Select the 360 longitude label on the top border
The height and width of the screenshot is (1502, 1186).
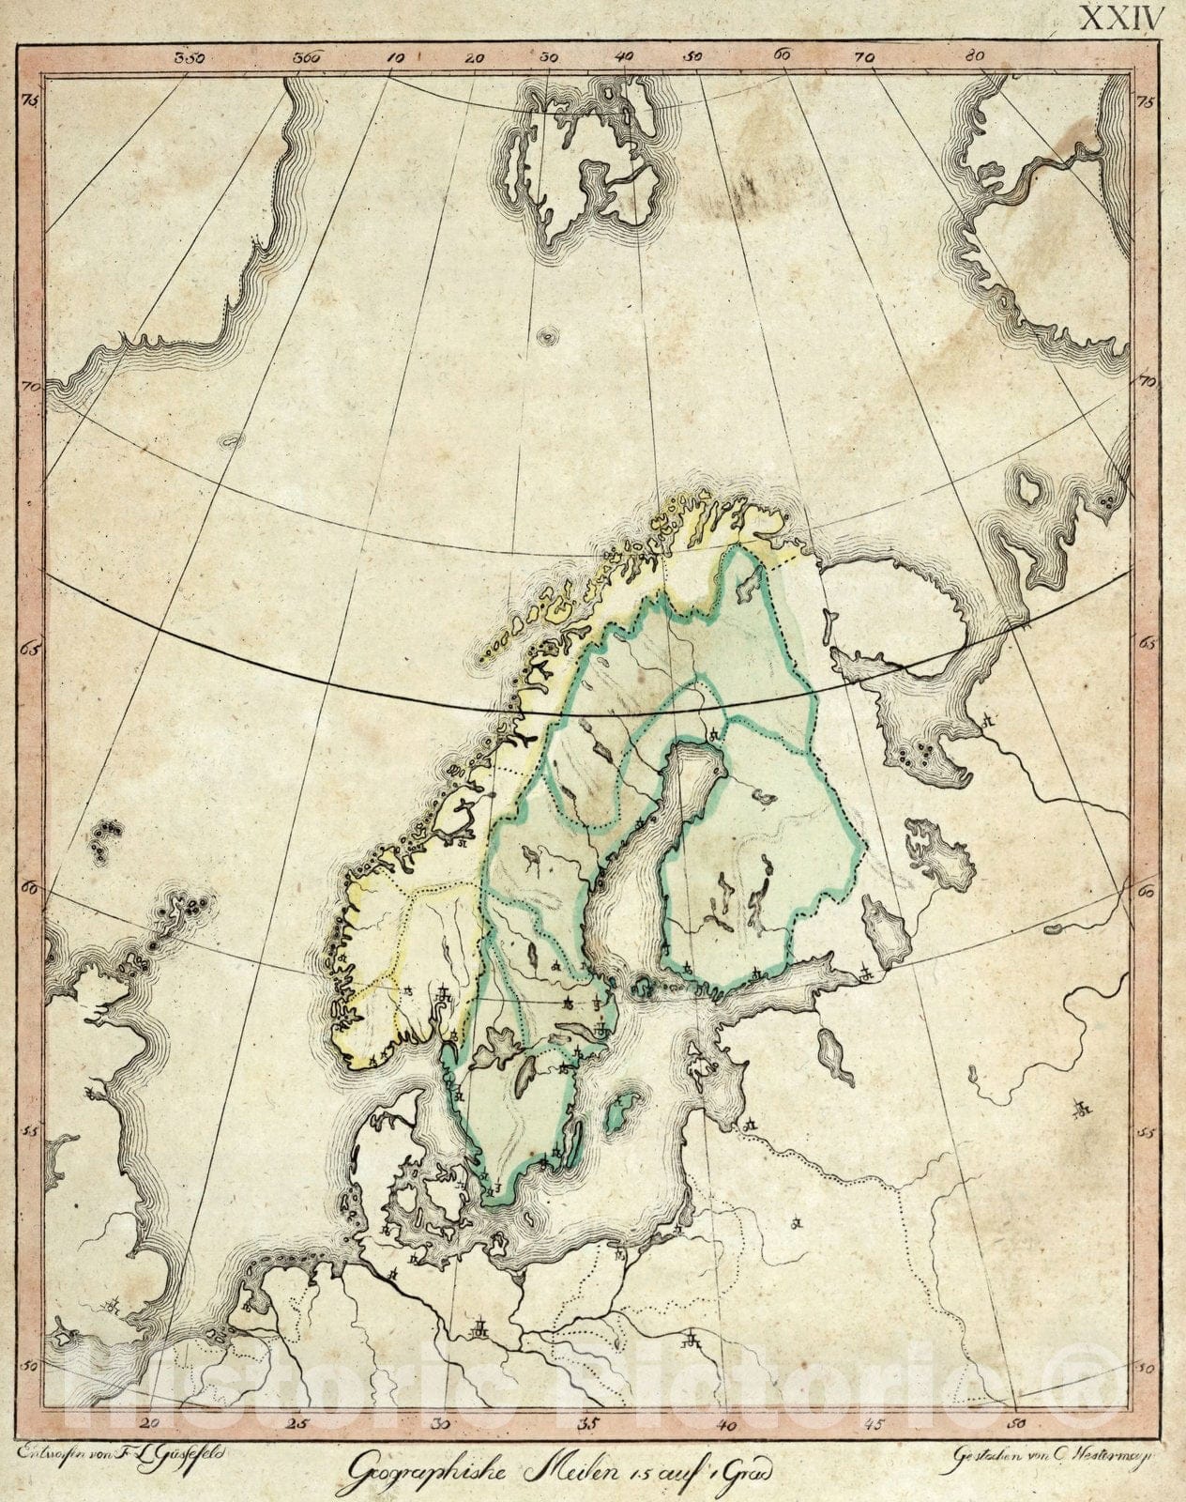(307, 57)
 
